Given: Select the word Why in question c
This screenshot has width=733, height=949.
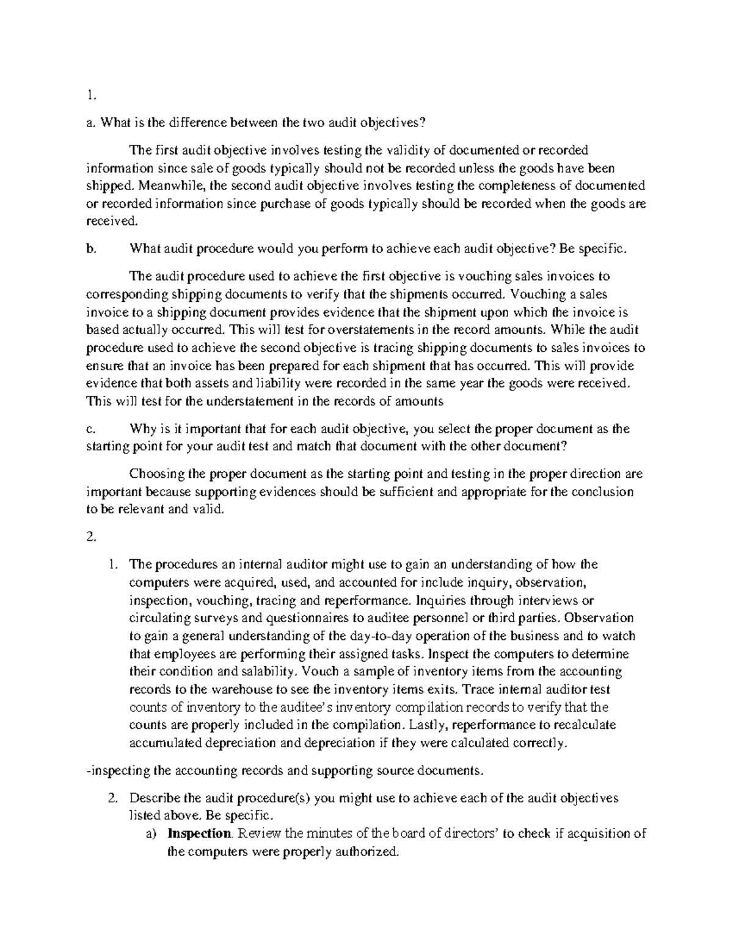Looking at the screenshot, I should pos(142,429).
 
